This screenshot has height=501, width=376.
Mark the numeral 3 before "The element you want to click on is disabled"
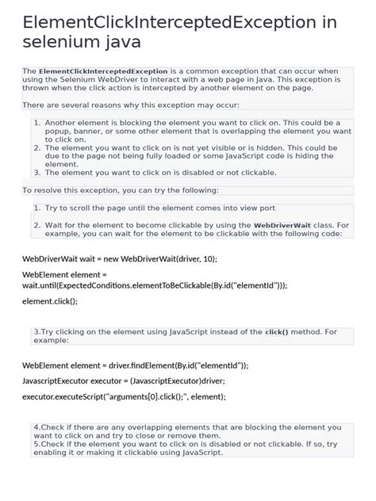[x=36, y=172]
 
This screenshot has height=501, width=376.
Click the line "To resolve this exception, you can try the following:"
[x=120, y=190]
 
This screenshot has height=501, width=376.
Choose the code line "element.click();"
[x=50, y=301]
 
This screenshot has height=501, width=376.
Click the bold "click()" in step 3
[x=277, y=331]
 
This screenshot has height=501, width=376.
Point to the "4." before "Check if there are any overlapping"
[x=36, y=426]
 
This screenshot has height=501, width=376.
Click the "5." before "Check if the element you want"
[x=36, y=444]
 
